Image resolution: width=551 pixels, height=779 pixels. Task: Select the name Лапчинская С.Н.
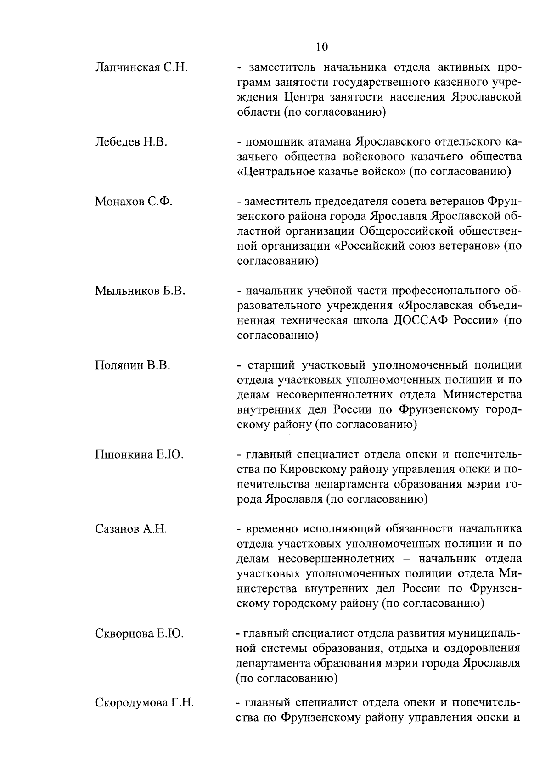[x=141, y=68]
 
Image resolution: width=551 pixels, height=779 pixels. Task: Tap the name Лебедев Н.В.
[x=131, y=142]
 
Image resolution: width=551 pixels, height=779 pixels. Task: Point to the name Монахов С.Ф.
[x=134, y=201]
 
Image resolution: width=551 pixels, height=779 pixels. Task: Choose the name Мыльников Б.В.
[x=140, y=291]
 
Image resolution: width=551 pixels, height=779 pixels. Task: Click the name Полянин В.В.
[x=133, y=365]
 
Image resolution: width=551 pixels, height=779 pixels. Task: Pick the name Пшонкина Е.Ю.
[x=139, y=454]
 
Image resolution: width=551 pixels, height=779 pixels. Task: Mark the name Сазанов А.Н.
[x=131, y=529]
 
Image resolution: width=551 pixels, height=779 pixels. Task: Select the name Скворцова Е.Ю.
[x=139, y=634]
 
